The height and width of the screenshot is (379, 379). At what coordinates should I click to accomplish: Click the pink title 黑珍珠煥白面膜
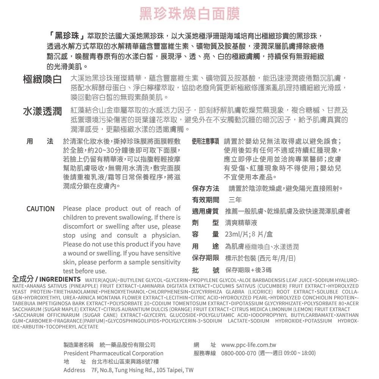pos(189,14)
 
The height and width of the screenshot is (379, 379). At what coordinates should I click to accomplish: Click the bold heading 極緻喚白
pos(42,80)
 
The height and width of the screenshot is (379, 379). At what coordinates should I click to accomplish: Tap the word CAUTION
pos(40,209)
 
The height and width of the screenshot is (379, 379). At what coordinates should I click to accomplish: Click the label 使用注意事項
pos(205,142)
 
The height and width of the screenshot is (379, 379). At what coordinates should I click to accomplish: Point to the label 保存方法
pos(205,188)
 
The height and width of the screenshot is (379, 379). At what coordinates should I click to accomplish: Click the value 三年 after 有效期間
pos(235,200)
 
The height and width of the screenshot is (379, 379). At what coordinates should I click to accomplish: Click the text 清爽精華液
pos(241,222)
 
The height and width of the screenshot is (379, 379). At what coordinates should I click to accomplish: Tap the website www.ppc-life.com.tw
pos(249,345)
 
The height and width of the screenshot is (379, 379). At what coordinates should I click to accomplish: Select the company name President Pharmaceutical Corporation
pos(108,353)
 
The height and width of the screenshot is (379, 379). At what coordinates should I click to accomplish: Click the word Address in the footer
pos(74,370)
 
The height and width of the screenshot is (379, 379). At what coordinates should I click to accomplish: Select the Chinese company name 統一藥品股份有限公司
pos(127,345)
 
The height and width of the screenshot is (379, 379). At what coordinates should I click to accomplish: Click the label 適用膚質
pos(205,211)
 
